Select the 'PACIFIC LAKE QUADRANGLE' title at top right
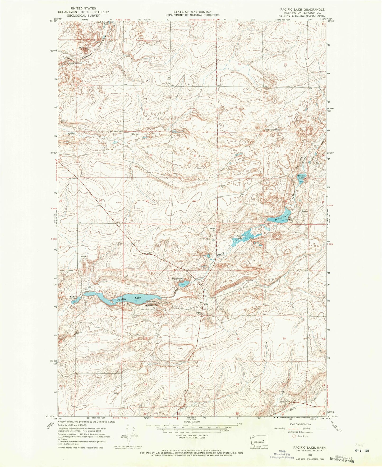298,9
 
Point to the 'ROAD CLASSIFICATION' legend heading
300,424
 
